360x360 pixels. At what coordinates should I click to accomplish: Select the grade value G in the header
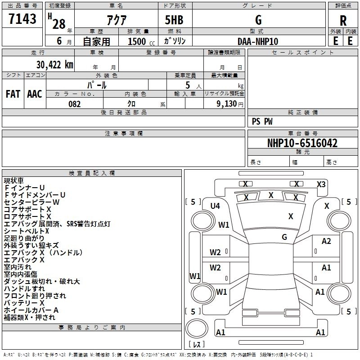[258, 20]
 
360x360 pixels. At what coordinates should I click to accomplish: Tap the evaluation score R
[343, 21]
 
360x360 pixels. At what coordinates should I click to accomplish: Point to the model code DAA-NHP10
[258, 41]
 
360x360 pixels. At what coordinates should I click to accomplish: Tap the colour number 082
[74, 104]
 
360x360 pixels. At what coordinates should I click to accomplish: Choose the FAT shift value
[13, 94]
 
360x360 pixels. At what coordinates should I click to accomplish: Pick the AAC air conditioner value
[35, 94]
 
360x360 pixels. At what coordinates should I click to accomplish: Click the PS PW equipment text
[262, 121]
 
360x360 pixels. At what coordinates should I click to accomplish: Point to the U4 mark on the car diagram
[215, 206]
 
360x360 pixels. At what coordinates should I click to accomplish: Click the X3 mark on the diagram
[321, 184]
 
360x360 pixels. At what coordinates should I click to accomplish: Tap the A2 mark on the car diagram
[326, 242]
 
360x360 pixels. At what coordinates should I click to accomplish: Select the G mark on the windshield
[284, 237]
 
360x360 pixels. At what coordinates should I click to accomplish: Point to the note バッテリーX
[24, 303]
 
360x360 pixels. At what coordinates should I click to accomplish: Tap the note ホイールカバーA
[31, 310]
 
